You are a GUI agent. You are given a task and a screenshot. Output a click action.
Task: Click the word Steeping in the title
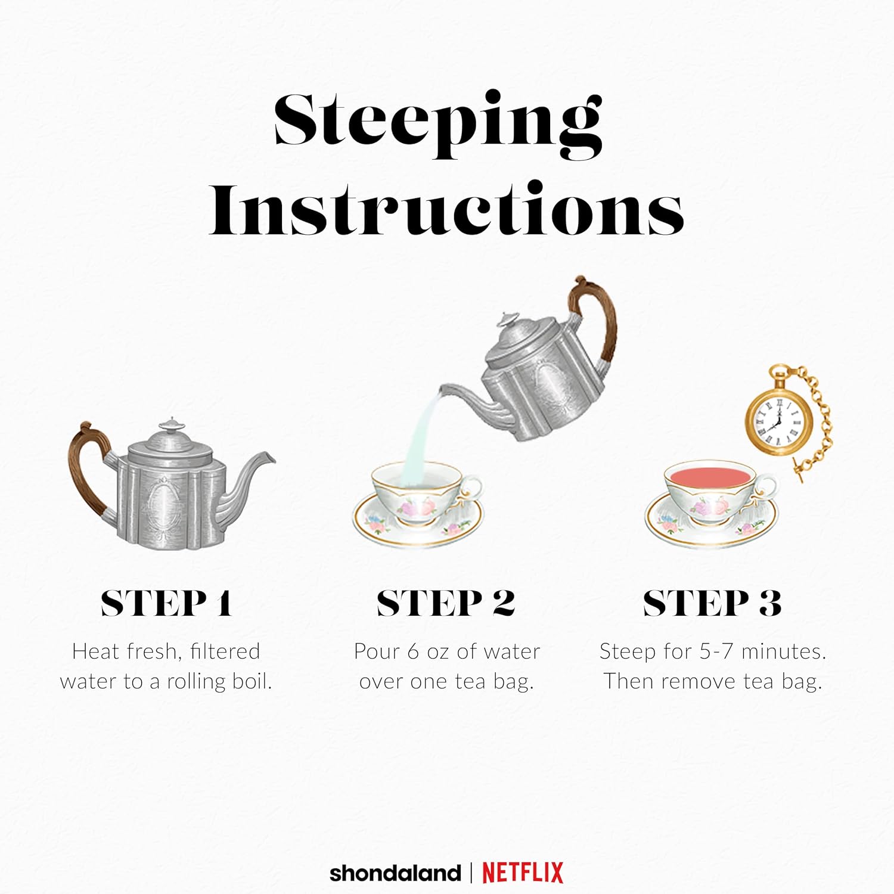pos(438,125)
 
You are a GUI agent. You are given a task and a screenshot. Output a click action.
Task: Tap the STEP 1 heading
pos(166,603)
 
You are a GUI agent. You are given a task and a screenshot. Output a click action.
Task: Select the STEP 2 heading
pos(446,603)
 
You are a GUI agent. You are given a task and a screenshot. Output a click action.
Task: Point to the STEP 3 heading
pos(712,603)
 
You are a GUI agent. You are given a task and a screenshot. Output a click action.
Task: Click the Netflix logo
pos(523,873)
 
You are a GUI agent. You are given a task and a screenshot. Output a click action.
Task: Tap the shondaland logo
pos(395,874)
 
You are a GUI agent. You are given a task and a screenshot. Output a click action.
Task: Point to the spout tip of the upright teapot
pos(271,458)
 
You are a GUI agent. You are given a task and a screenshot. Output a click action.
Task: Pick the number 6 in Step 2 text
pos(414,651)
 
